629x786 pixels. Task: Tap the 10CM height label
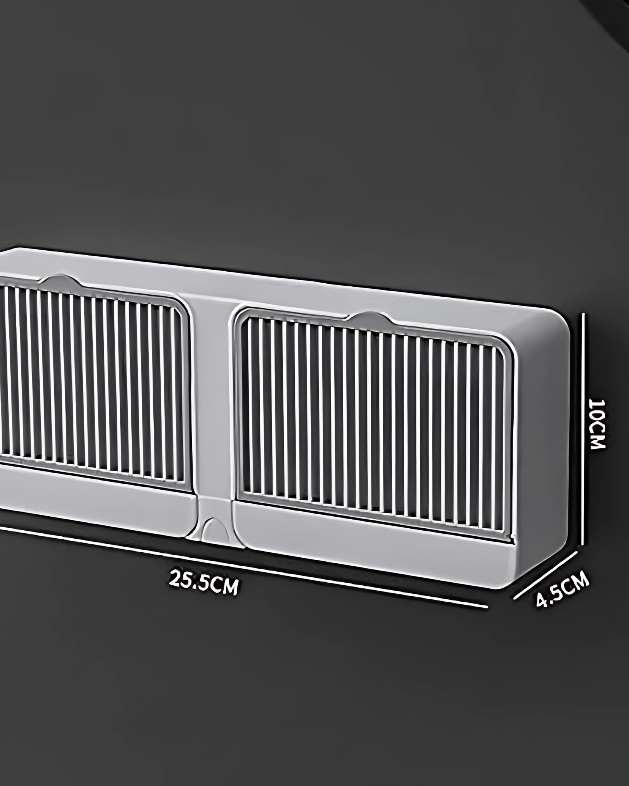coord(597,423)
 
